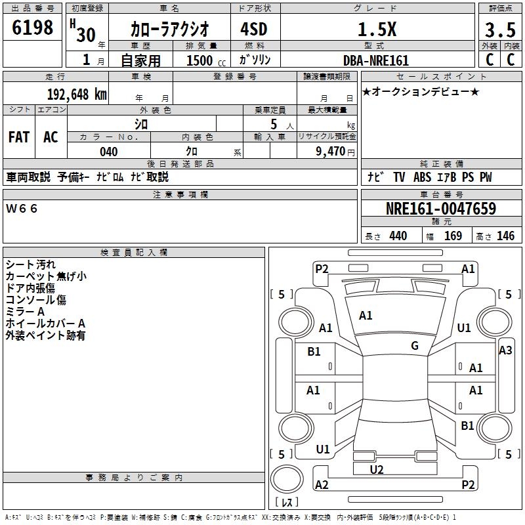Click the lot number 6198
coord(33,28)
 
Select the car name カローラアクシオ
coord(169,29)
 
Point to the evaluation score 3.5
coord(499,30)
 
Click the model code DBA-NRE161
coord(376,60)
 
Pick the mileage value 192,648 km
coord(76,94)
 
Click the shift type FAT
coord(18,137)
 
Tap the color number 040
coord(108,152)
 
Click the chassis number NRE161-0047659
coord(441,209)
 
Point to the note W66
coord(22,209)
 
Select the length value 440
coord(398,236)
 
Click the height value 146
coord(505,236)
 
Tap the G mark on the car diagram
coord(415,346)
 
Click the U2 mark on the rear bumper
coord(377,469)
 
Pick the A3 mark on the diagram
coord(505,350)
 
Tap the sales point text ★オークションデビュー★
coord(421,92)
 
